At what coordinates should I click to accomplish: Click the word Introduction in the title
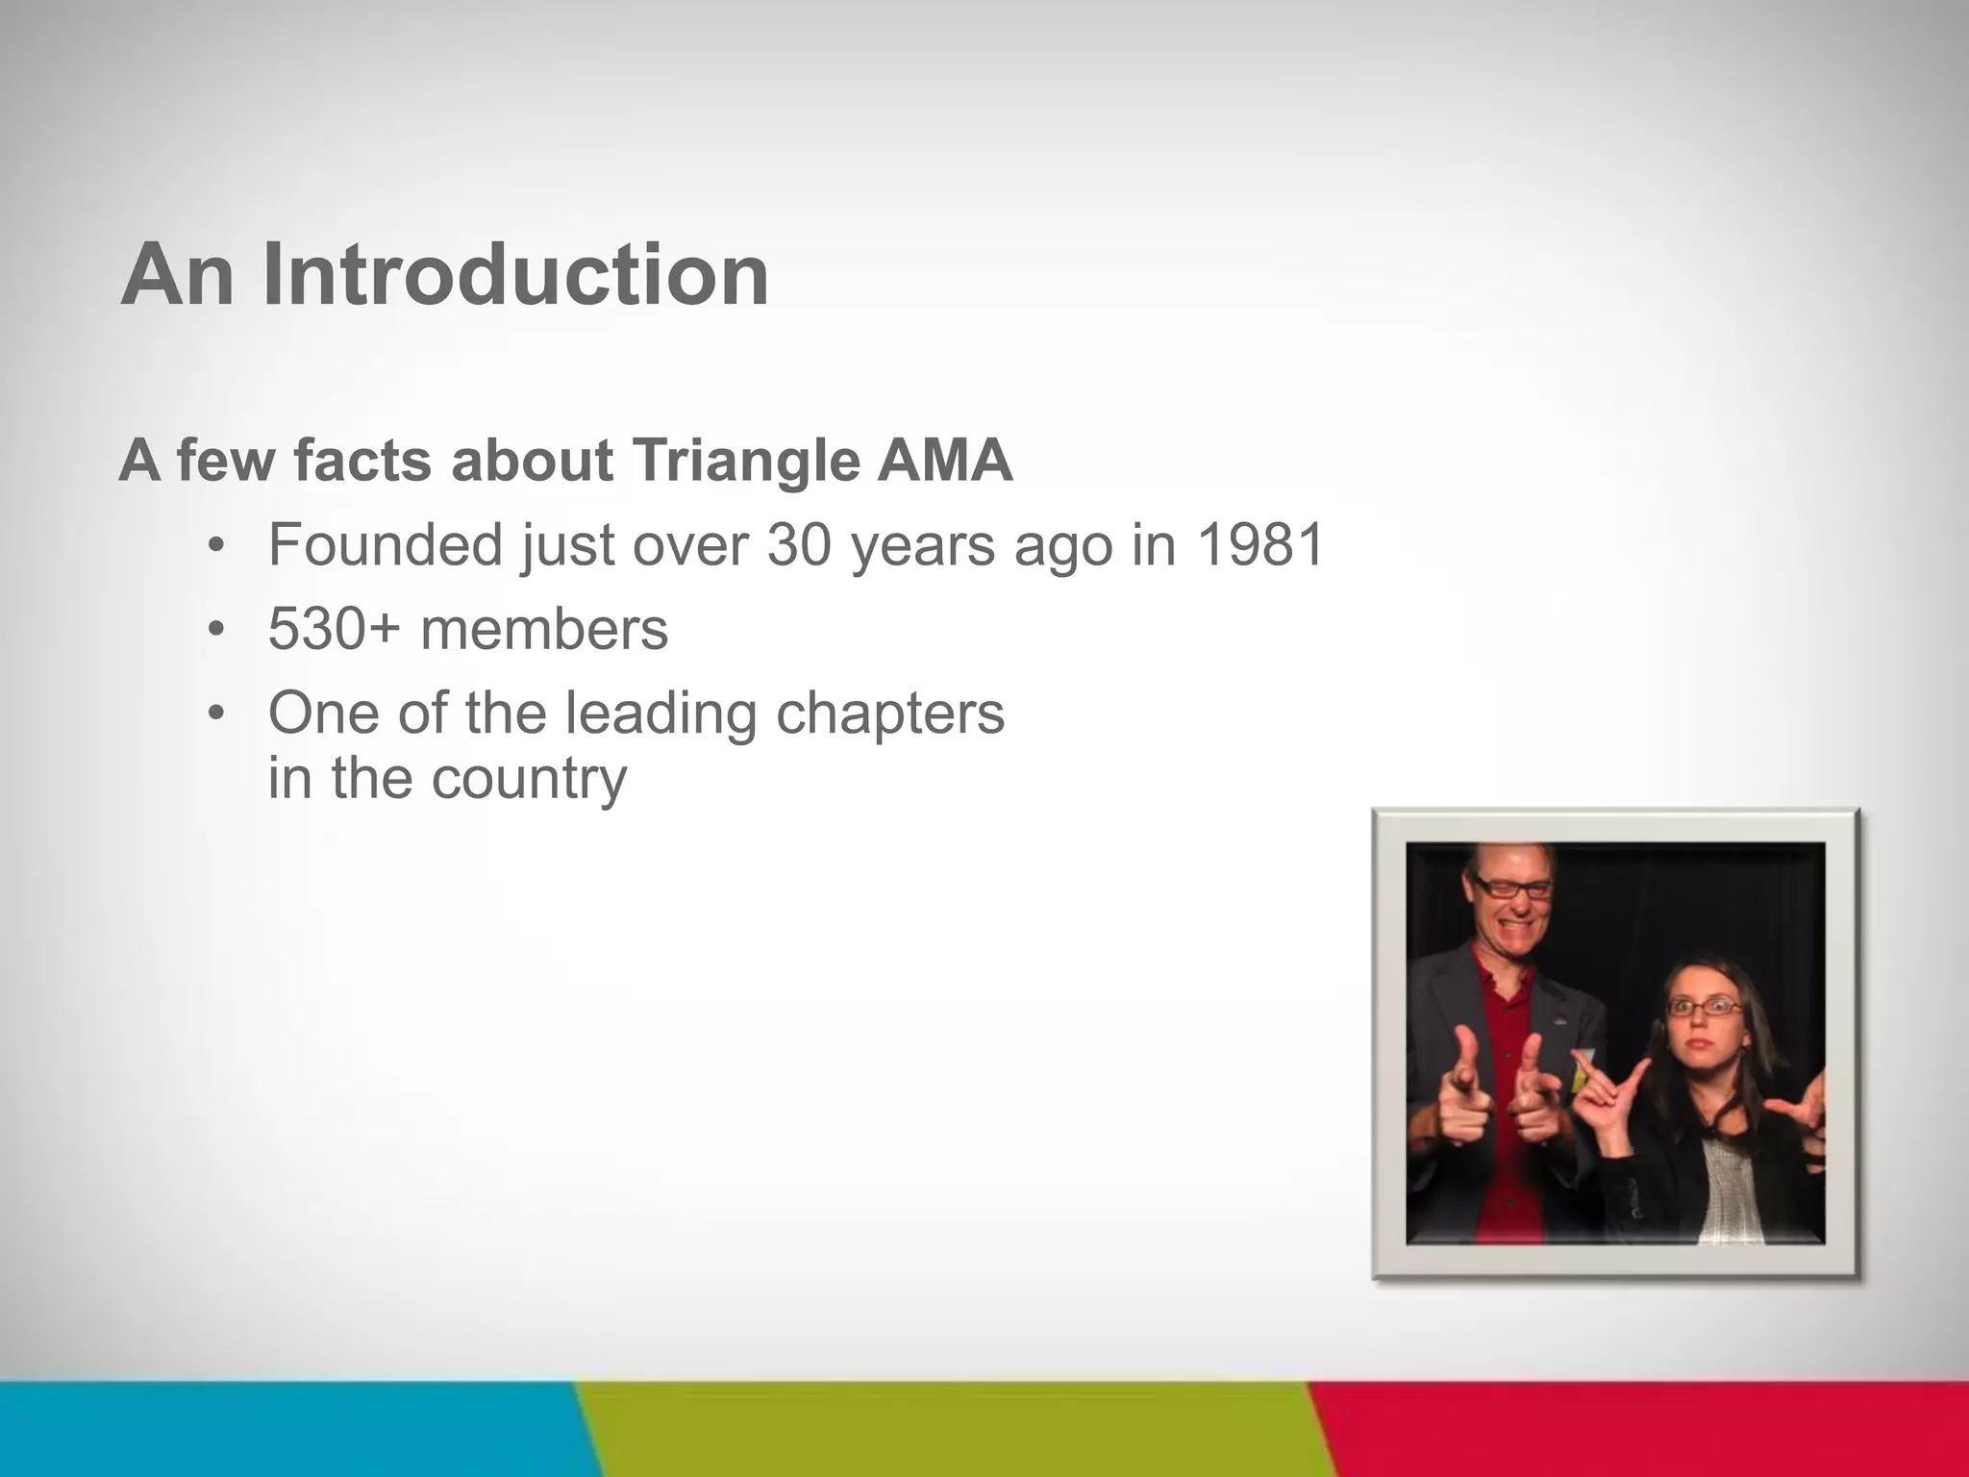pyautogui.click(x=515, y=275)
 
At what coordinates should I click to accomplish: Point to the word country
pyautogui.click(x=529, y=779)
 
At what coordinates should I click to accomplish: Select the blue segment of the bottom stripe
pyautogui.click(x=288, y=1429)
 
